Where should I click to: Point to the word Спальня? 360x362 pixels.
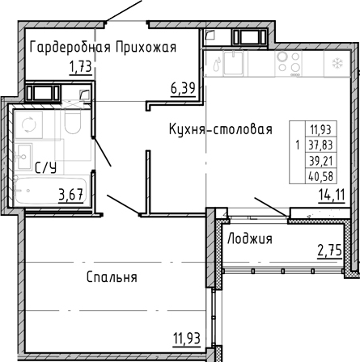point(112,277)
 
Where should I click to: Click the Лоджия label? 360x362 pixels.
point(250,239)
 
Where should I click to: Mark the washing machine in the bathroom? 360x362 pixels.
point(28,124)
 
